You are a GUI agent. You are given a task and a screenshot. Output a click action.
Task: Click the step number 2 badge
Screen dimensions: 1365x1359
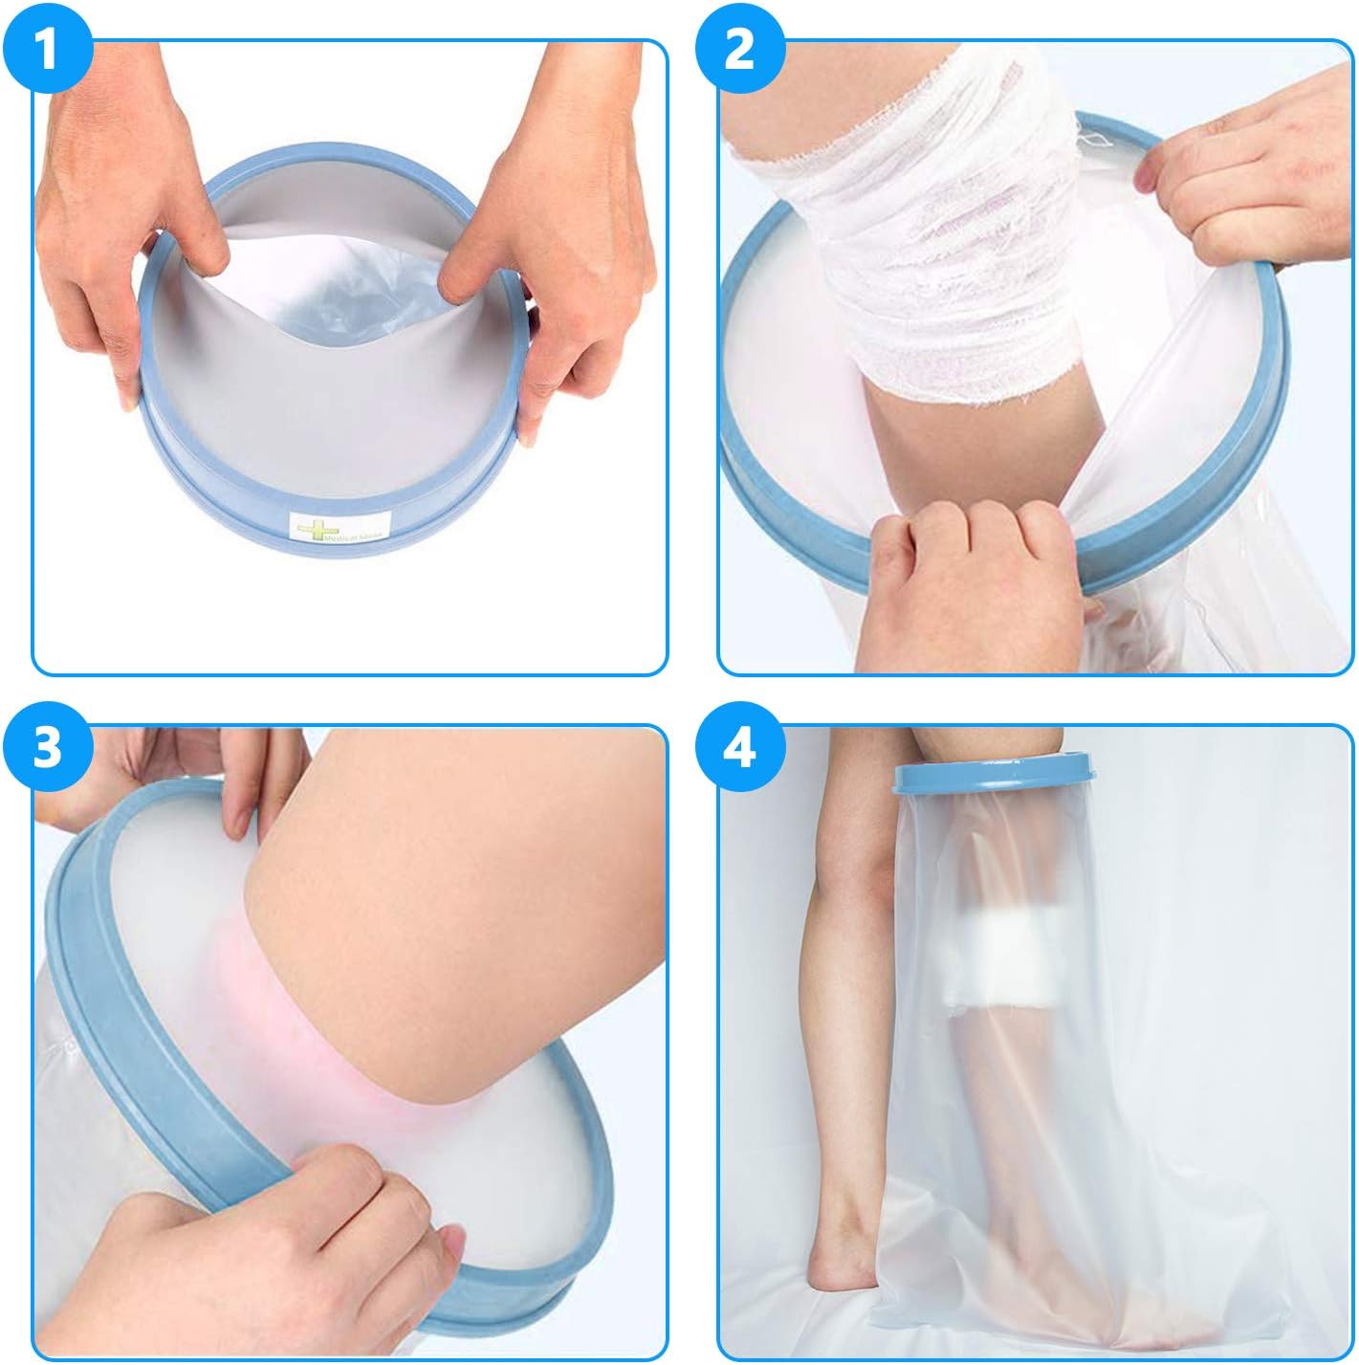coord(739,49)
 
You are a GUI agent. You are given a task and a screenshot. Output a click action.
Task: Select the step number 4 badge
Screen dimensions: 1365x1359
coord(739,749)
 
